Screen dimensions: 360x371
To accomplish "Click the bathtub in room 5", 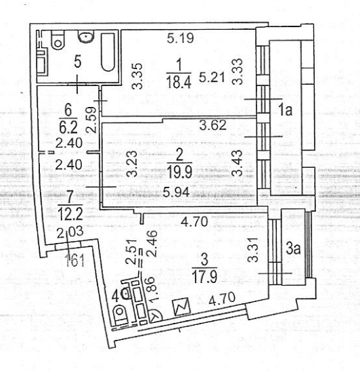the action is coord(108,52).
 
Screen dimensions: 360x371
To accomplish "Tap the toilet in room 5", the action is coord(58,40).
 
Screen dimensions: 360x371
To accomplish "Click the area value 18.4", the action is coord(179,81).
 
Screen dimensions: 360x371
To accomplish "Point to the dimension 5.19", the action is coord(180,38).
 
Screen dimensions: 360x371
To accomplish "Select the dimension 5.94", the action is coord(177,192).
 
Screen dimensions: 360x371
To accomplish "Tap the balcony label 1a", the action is coord(286,110).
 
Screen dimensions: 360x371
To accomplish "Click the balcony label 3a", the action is coord(293,249).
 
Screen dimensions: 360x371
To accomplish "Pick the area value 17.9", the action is coord(204,277).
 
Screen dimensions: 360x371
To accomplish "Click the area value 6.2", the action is coord(68,128).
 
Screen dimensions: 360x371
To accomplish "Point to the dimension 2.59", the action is coord(91,120).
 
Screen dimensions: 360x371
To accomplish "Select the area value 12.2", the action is coord(71,215).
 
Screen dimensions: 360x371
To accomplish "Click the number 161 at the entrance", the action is coord(74,262).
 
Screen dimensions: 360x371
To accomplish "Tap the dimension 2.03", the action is coord(70,232).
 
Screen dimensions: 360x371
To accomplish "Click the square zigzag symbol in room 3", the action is coord(182,307).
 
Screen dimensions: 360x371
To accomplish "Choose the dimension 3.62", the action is coord(213,125).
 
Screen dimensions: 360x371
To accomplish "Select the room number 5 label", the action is coord(78,62).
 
